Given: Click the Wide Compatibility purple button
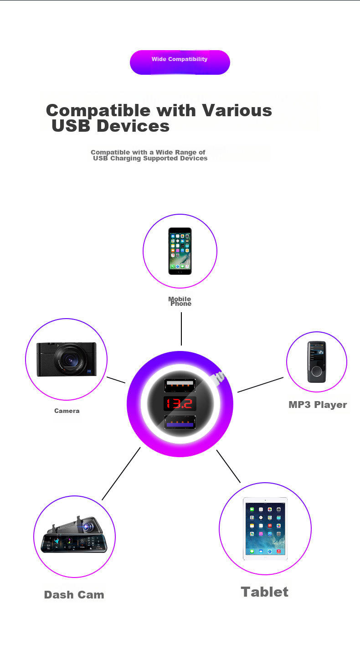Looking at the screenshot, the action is [180, 62].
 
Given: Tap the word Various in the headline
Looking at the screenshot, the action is [237, 110].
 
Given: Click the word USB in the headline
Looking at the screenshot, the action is [71, 126].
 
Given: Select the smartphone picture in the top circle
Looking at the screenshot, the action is [180, 251].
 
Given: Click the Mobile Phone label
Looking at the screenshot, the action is [180, 301].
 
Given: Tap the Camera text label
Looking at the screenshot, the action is [67, 411].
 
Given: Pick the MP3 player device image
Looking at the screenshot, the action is [316, 362].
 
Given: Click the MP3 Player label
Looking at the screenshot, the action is [318, 405].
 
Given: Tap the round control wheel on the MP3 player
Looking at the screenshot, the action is [316, 371].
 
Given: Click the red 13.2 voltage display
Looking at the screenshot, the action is [180, 403].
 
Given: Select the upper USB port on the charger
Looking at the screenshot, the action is [180, 385].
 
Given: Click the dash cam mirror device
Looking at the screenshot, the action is [74, 536].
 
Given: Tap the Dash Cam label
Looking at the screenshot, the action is [74, 595].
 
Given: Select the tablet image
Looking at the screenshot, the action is [265, 529].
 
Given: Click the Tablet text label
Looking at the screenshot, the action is [265, 592].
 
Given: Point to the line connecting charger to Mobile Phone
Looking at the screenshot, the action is [181, 329].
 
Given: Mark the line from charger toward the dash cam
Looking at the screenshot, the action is [121, 474].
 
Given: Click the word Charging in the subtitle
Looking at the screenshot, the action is [125, 159].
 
